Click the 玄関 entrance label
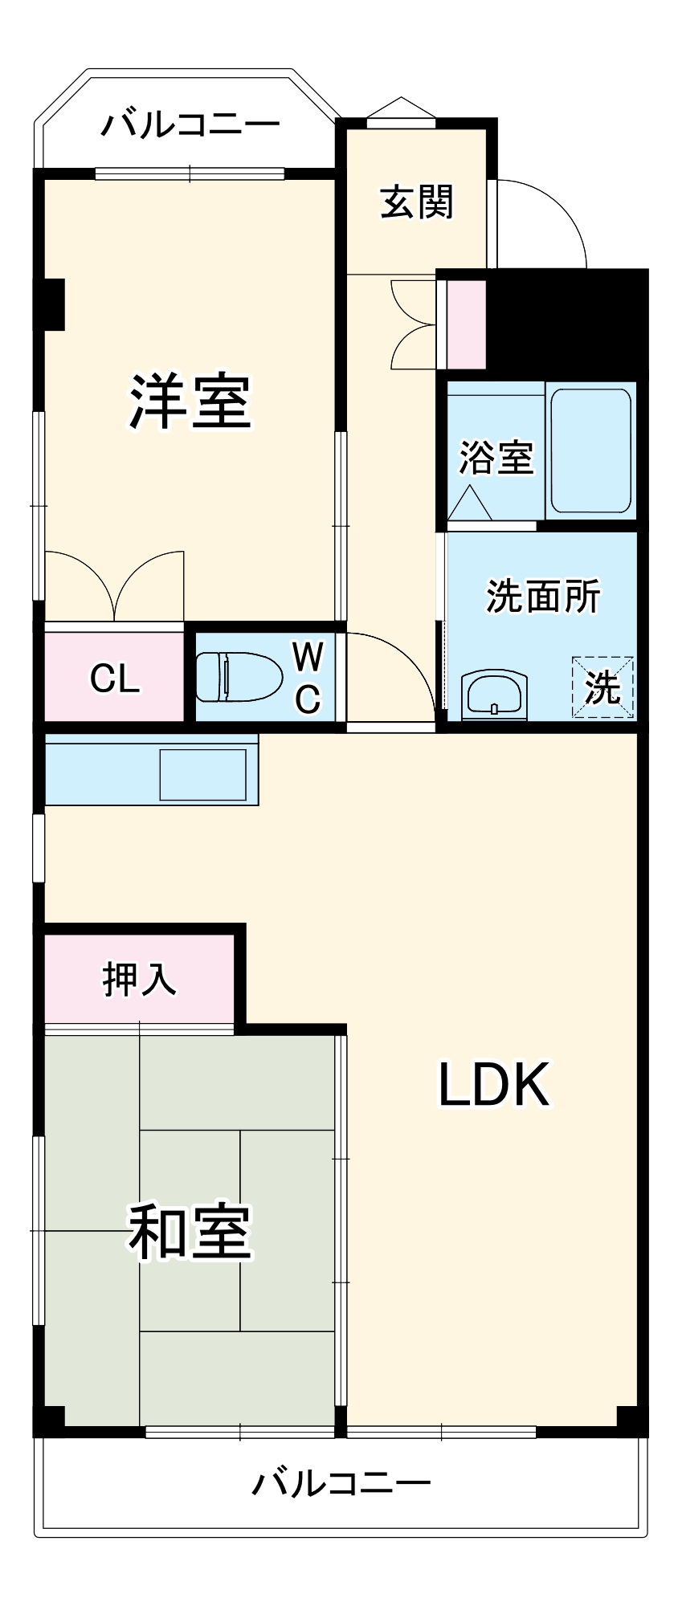[416, 202]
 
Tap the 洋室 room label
[190, 401]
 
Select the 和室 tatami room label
[190, 1231]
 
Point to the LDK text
[492, 1085]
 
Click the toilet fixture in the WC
[239, 676]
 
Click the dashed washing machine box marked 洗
[603, 687]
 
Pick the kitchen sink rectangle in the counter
[202, 775]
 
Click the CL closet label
[115, 679]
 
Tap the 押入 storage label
[138, 979]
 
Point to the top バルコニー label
[190, 124]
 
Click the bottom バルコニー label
[341, 1482]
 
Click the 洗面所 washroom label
[543, 596]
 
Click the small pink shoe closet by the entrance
[466, 324]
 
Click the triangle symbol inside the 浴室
[469, 504]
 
